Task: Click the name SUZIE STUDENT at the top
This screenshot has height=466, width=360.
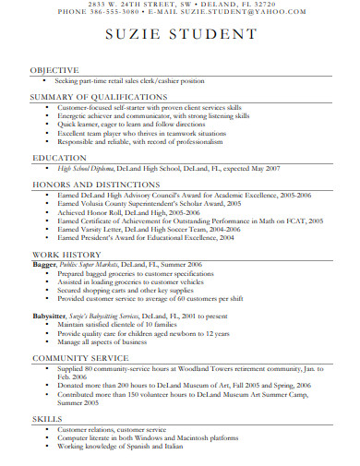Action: [180, 35]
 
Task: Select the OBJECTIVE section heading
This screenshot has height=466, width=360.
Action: [54, 70]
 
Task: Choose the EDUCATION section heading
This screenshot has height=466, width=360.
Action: [59, 159]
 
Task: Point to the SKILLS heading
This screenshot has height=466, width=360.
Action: [47, 418]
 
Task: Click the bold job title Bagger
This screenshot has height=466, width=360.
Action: [43, 264]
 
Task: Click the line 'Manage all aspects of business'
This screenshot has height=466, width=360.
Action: [102, 341]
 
